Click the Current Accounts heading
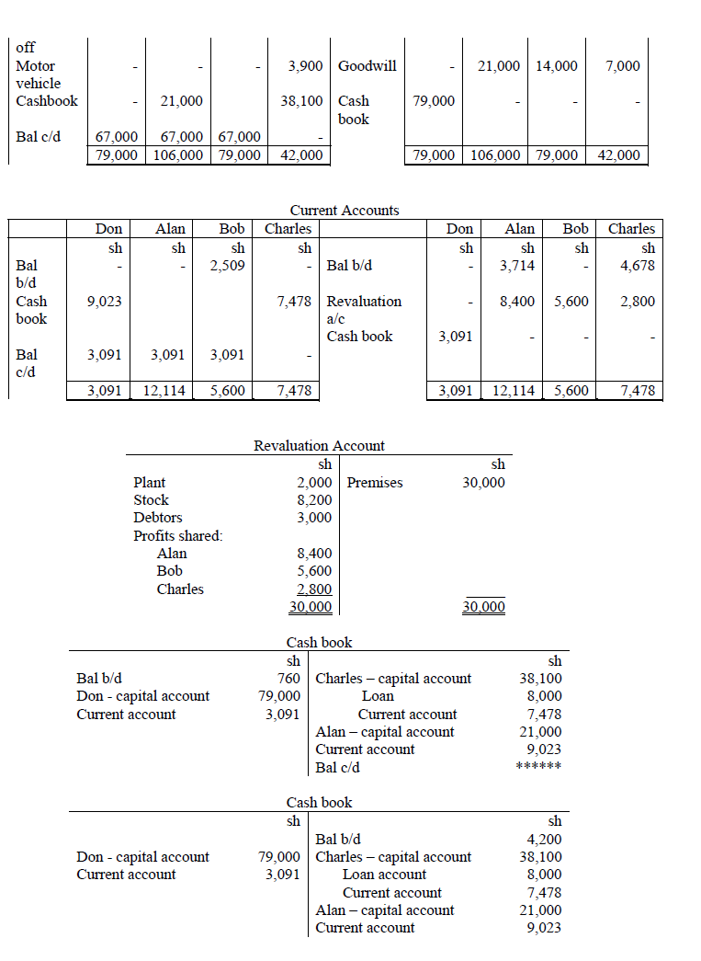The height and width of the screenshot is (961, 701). [x=344, y=211]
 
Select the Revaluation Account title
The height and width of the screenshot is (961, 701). [x=319, y=446]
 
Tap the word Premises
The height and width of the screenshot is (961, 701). [x=375, y=483]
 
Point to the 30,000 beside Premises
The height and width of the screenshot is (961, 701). [x=483, y=483]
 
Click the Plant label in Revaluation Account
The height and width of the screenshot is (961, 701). [x=150, y=483]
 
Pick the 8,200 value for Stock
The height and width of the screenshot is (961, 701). [x=314, y=500]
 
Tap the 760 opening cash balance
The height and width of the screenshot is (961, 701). [x=288, y=679]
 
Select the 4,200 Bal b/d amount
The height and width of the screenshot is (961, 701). [x=544, y=839]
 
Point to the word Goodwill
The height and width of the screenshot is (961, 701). [x=367, y=66]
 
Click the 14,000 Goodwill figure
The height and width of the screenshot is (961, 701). [x=558, y=66]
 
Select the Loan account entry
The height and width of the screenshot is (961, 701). [x=384, y=875]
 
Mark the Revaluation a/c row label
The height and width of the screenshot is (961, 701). [x=364, y=310]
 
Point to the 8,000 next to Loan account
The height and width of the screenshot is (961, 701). [x=544, y=875]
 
